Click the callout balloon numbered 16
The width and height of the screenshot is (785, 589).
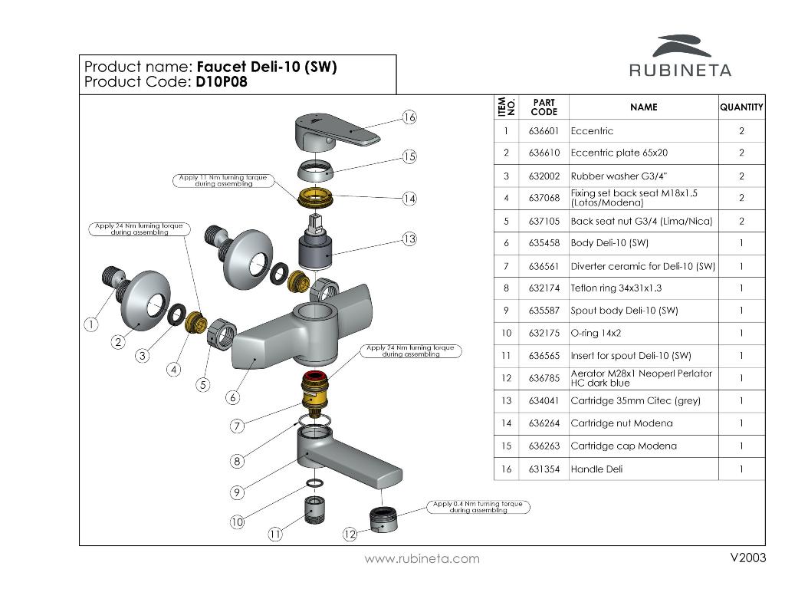(x=409, y=117)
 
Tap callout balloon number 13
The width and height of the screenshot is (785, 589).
(x=409, y=239)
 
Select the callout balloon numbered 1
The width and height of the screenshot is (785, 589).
(x=90, y=324)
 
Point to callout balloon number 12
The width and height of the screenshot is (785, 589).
(x=350, y=534)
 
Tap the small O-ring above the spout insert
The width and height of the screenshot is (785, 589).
(x=314, y=483)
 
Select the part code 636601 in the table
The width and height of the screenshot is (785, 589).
(x=544, y=131)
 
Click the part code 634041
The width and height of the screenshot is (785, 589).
(x=544, y=401)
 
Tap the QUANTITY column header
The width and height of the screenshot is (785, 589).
(x=741, y=107)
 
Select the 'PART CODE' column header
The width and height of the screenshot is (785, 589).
(x=544, y=107)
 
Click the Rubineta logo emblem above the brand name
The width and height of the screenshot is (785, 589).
(x=682, y=45)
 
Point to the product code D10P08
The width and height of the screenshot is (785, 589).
(x=222, y=82)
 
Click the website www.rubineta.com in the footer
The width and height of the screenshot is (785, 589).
(x=422, y=558)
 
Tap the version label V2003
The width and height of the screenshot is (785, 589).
(x=748, y=558)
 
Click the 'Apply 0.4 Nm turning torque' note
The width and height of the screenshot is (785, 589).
(x=478, y=507)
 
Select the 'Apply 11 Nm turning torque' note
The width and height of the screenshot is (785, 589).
(x=222, y=180)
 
